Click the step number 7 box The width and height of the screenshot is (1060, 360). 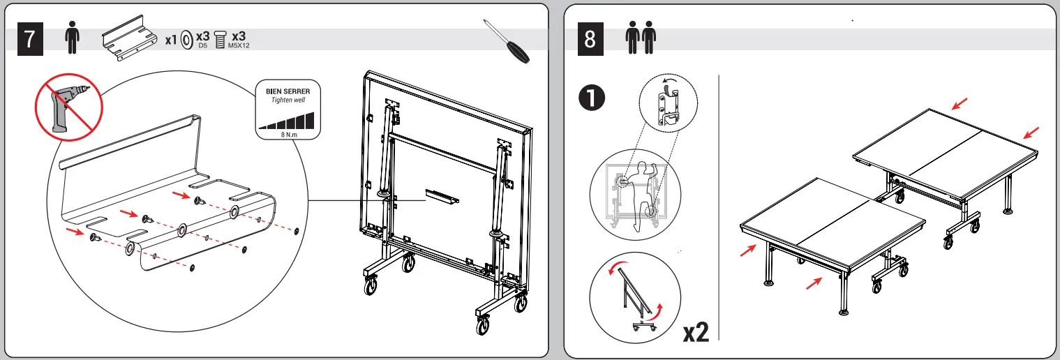[x=30, y=39]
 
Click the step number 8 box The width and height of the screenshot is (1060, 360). [x=590, y=39]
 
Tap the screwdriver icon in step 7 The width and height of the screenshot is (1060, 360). [x=506, y=40]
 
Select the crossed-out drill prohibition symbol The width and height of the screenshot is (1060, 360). [x=69, y=107]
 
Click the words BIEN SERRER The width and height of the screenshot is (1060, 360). [x=288, y=91]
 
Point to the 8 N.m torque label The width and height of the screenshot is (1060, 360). [x=289, y=135]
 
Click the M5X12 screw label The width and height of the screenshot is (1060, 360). [x=239, y=46]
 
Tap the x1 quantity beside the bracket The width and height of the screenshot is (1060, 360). [x=170, y=40]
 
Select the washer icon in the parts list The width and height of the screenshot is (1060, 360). [x=187, y=40]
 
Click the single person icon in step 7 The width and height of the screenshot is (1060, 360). [x=72, y=38]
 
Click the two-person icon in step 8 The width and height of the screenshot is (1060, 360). [x=641, y=38]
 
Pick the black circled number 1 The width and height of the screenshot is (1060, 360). [x=592, y=98]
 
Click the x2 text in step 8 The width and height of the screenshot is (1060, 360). [x=696, y=332]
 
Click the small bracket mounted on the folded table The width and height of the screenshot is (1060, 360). [x=442, y=196]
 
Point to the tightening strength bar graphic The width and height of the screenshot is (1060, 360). [x=286, y=121]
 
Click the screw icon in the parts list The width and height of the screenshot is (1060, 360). [x=220, y=40]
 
